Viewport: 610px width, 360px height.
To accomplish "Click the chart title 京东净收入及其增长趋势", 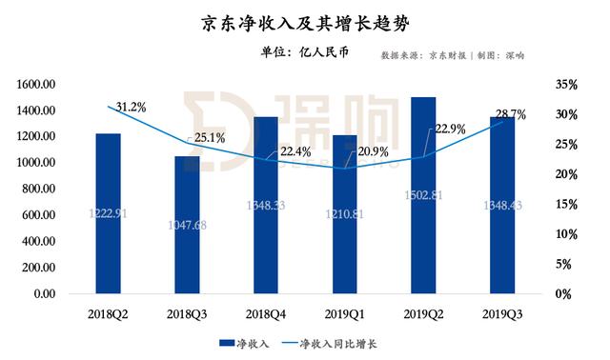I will [305, 21].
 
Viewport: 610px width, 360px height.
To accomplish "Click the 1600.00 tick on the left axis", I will [36, 85].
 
